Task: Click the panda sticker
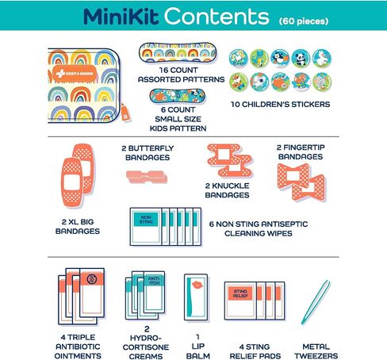coord(301,59)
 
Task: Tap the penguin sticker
coord(280,59)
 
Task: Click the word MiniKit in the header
coord(121,17)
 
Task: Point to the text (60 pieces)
coord(304,21)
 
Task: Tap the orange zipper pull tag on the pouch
coord(126,113)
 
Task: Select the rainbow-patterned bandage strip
coord(178,52)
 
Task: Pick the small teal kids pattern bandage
coord(178,96)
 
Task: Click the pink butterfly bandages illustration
coord(147,177)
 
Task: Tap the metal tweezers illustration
coord(316,302)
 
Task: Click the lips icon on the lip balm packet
coord(197,285)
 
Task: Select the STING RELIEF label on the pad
coord(240,293)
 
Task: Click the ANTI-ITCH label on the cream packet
coord(154,281)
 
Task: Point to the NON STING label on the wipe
coord(146,220)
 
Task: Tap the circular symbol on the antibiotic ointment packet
coord(91,279)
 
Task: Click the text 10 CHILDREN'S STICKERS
coord(280,105)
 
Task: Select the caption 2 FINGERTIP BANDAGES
coord(301,152)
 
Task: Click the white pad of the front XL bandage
coord(71,183)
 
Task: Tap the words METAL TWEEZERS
coord(316,351)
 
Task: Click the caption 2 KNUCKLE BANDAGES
coord(227,190)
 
